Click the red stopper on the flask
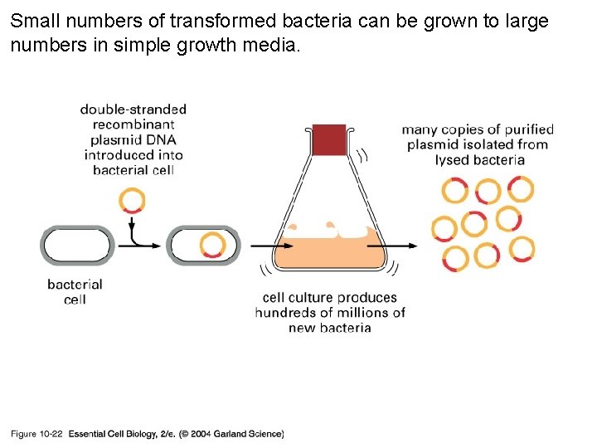(x=329, y=140)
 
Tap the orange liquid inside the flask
(x=329, y=252)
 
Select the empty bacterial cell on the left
(x=76, y=246)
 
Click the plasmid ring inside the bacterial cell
(x=212, y=245)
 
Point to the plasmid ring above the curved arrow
(x=132, y=200)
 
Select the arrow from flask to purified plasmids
(x=403, y=246)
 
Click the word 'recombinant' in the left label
(x=133, y=124)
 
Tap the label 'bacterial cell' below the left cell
(x=75, y=291)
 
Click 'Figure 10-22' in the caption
(x=36, y=434)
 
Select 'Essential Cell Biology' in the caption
(x=110, y=434)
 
